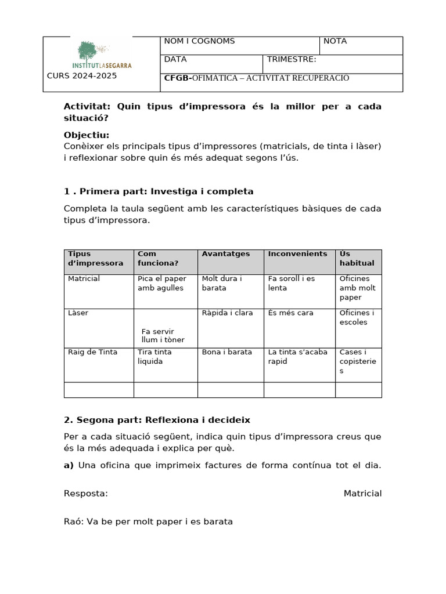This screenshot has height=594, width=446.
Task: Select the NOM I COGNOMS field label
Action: coord(199,41)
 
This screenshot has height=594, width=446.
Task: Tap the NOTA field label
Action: coord(335,41)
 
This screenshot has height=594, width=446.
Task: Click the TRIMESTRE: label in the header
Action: coord(292,59)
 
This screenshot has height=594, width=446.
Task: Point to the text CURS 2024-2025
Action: coord(81,76)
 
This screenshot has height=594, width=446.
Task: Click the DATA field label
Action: coord(175,59)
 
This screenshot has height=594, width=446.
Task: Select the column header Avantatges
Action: coord(225,254)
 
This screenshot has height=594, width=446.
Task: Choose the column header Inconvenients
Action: coord(297,254)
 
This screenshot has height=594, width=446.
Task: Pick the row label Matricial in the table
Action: coord(84,279)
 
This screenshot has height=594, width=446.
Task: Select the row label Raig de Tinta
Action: coord(92,352)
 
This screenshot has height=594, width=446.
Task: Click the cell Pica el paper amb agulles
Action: coord(161,283)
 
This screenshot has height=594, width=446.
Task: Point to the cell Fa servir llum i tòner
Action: coord(163,335)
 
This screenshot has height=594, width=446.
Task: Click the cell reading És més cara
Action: coord(290,313)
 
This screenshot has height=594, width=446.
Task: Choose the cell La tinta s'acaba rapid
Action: coord(297,356)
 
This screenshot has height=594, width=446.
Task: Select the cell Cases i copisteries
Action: coord(357,361)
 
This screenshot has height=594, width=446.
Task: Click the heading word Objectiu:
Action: coord(87,135)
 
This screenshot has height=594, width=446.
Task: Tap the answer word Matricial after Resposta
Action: coord(362,494)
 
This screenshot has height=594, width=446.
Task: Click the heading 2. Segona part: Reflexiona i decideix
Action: coord(157,419)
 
